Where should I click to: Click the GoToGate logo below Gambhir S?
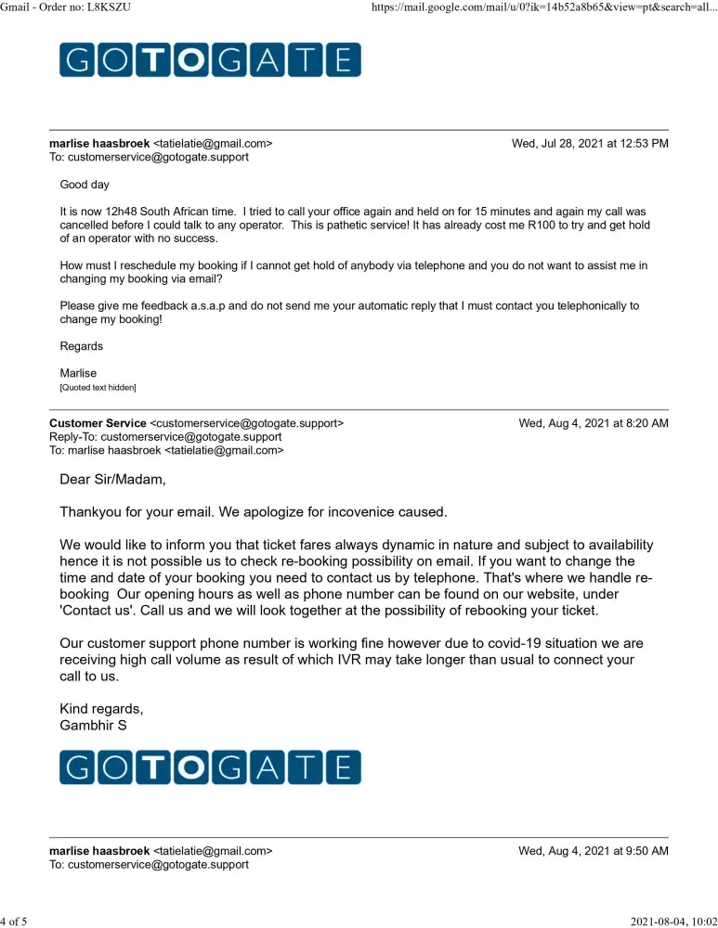pos(210,767)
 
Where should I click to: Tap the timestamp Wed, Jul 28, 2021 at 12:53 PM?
pos(590,144)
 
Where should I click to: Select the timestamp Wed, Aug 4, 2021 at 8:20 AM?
pos(594,423)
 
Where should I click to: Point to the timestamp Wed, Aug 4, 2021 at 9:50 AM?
pos(594,851)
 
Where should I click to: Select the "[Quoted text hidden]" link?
pos(98,387)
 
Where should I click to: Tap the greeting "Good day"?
pos(85,185)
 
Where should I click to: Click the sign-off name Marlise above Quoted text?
pos(79,373)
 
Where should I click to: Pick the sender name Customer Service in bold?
pos(98,423)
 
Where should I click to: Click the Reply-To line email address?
pos(190,437)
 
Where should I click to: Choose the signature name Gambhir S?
pos(93,725)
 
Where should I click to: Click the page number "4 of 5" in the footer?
pos(16,921)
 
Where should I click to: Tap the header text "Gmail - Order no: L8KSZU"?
pos(72,8)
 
